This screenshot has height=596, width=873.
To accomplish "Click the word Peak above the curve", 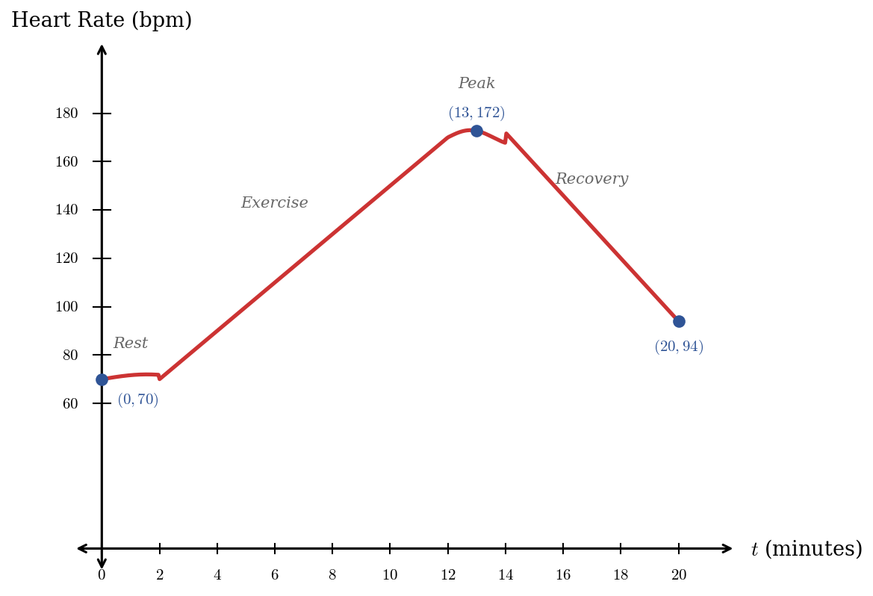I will [x=476, y=84].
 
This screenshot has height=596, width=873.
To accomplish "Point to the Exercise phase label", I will [x=274, y=203].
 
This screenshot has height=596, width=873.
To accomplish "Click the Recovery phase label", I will [x=591, y=179].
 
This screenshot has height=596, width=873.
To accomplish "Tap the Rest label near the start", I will [x=131, y=344].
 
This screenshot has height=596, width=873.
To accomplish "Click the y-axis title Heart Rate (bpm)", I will [x=102, y=21].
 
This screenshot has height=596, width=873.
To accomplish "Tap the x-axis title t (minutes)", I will [x=806, y=550].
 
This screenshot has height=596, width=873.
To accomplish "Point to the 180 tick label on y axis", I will [x=66, y=114].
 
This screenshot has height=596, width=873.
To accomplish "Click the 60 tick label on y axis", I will [x=69, y=404].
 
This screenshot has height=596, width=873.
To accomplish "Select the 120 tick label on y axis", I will [x=66, y=258].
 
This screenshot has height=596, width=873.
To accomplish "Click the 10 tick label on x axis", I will [x=390, y=575].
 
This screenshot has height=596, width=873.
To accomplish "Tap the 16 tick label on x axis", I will [x=562, y=575].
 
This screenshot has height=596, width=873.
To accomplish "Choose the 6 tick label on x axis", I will [x=275, y=575].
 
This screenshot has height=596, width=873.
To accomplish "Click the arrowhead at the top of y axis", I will [x=102, y=49].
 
